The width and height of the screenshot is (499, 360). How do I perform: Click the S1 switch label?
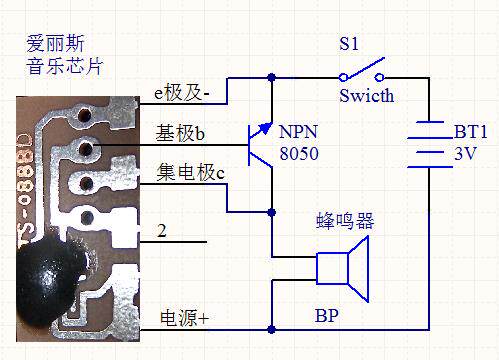(x=349, y=44)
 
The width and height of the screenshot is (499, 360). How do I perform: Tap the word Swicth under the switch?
(x=367, y=96)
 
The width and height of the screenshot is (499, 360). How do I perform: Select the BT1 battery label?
(x=471, y=132)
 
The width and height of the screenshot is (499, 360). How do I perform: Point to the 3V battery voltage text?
(x=466, y=154)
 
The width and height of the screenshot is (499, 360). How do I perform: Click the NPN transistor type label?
(x=298, y=132)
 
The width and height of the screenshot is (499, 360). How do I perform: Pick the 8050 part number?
(x=299, y=154)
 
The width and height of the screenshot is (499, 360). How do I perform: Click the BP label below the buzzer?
(x=327, y=315)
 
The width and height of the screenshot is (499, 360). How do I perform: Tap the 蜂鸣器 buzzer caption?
(x=345, y=221)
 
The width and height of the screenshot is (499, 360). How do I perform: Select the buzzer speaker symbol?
(x=343, y=269)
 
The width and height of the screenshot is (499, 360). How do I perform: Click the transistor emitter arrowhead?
(x=266, y=128)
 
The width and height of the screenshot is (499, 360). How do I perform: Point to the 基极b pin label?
(x=180, y=133)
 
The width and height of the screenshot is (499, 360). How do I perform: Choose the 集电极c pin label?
(x=191, y=172)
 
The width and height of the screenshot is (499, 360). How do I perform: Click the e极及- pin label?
(x=182, y=92)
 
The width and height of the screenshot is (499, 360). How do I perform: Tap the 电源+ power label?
(x=184, y=318)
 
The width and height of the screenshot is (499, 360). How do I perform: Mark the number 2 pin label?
(x=162, y=231)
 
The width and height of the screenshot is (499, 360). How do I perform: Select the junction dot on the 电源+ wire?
(x=272, y=330)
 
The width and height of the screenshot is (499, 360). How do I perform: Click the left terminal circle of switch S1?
(x=343, y=78)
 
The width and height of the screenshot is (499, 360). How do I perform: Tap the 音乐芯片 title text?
(x=65, y=66)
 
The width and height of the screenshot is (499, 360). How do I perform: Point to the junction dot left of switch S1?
(x=272, y=78)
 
